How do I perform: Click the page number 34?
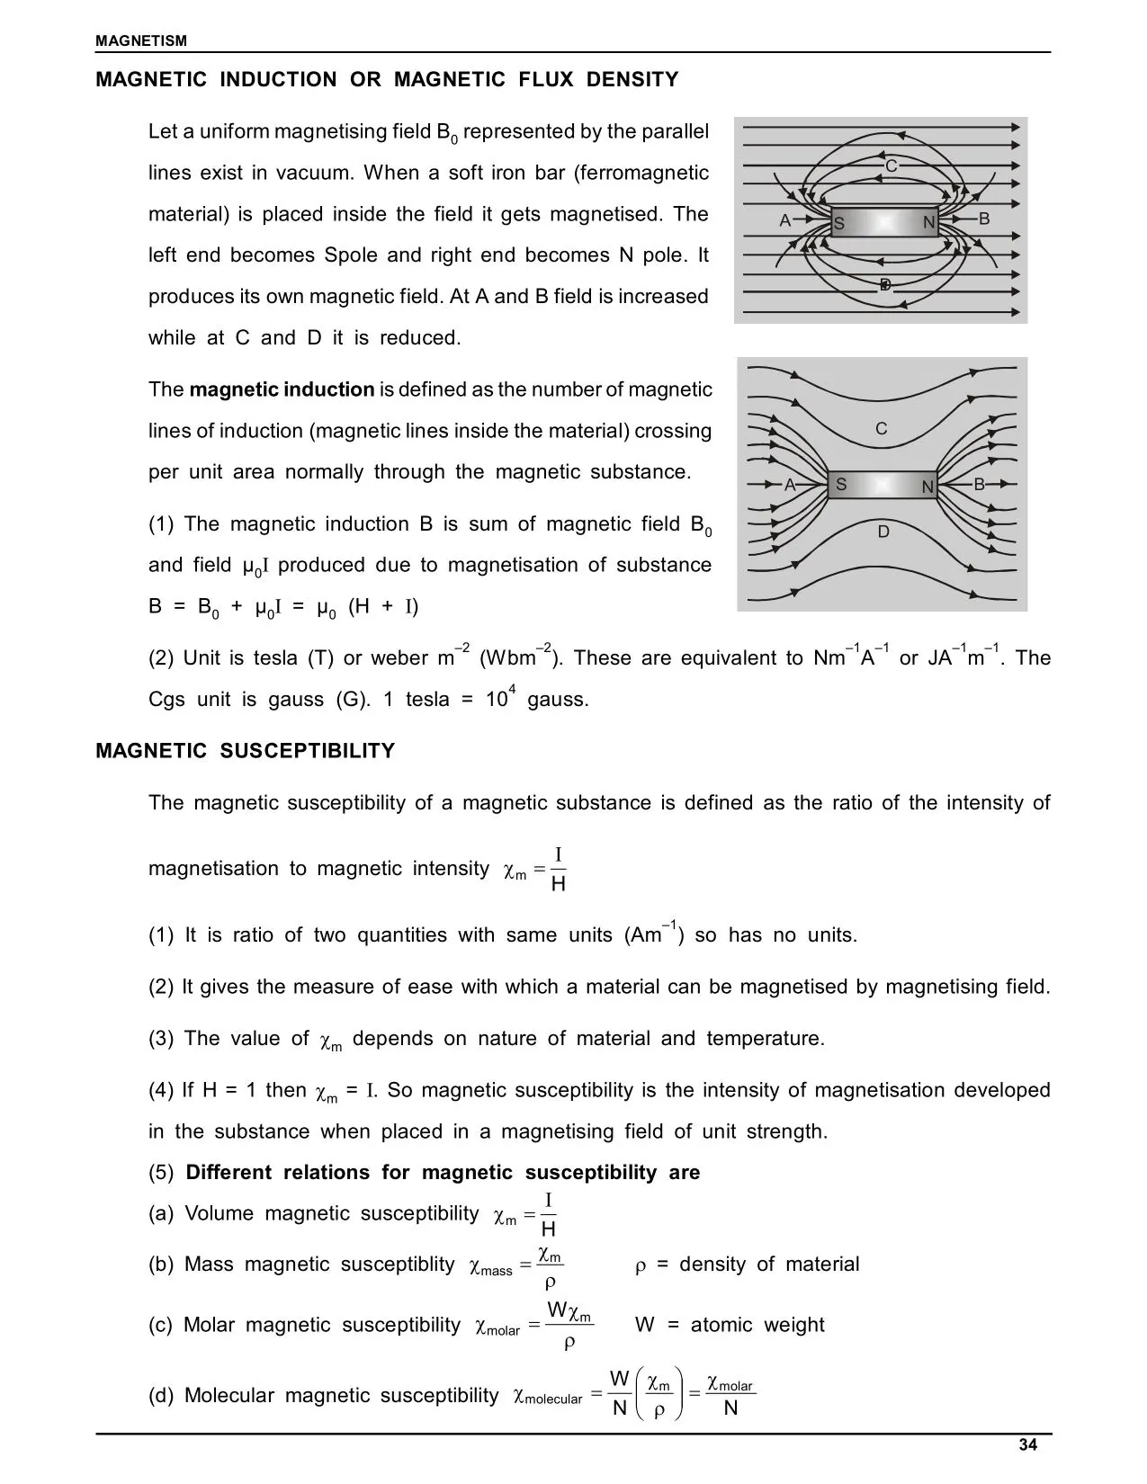tap(1028, 1445)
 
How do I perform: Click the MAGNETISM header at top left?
tap(141, 40)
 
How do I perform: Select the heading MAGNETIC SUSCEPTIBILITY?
tap(245, 751)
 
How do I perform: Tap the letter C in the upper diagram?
tap(891, 166)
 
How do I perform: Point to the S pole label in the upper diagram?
tap(838, 224)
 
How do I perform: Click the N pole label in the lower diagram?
tap(927, 487)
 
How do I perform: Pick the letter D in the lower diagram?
tap(883, 532)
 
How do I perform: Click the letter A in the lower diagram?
tap(790, 486)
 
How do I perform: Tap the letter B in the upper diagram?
tap(983, 219)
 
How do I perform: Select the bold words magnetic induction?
tap(282, 389)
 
